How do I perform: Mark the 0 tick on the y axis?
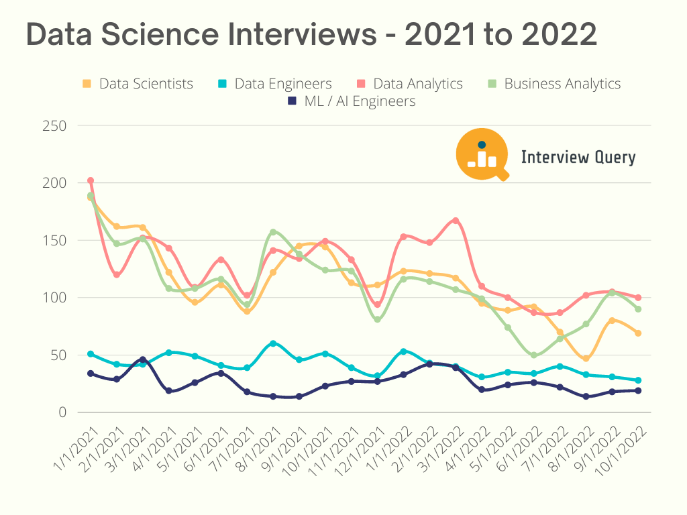coord(62,412)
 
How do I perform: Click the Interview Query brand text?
coord(578,158)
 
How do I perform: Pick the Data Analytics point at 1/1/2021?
coord(91,180)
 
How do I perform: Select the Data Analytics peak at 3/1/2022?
coord(456,221)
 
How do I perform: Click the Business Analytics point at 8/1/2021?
coord(273,232)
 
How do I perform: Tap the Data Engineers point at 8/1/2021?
coord(273,343)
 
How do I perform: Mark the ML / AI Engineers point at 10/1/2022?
coord(638,390)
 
